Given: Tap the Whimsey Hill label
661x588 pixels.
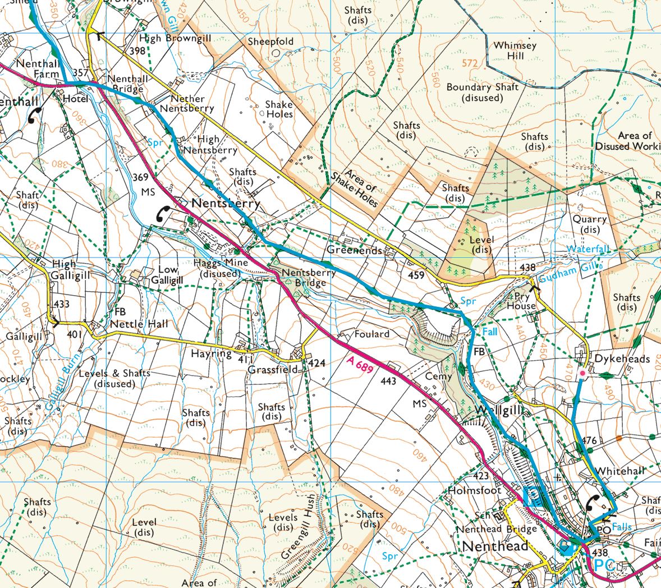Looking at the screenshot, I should [515, 50].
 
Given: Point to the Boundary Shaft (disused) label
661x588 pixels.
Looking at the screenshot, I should [483, 93].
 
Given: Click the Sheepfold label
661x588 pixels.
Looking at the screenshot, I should [271, 42].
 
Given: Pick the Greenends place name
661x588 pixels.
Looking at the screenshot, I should [355, 250].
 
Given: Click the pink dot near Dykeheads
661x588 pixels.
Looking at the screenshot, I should [582, 373].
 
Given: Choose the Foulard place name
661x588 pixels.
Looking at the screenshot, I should [371, 334].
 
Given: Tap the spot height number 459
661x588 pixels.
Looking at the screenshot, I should [416, 275].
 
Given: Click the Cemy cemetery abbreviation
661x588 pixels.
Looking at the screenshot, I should [438, 376].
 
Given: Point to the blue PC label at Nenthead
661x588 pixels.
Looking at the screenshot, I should [605, 564].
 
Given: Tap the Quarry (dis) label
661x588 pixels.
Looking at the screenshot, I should [589, 224].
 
